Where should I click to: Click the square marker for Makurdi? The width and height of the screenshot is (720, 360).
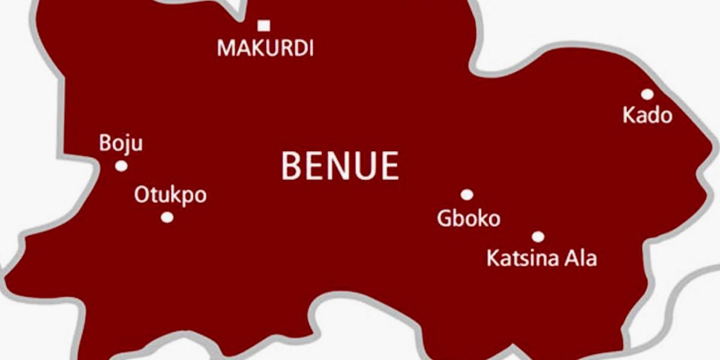pos(263,25)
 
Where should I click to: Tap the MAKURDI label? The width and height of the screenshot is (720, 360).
pos(265,48)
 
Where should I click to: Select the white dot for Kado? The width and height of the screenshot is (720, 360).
pos(647,94)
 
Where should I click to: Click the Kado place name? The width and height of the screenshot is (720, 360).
pos(647,115)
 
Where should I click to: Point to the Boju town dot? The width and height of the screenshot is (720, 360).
pos(121,166)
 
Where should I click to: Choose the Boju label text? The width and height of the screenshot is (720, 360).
pos(121,144)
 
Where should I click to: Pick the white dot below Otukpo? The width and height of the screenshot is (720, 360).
pos(167,217)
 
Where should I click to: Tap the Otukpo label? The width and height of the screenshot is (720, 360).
pos(170,196)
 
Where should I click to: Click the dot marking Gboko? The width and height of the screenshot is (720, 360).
pos(467,194)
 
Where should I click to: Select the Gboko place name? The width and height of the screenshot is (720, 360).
pos(469,218)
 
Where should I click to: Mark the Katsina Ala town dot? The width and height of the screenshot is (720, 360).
pos(538,236)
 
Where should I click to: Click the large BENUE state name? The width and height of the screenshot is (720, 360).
pos(340,166)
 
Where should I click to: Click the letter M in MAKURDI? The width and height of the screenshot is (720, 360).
pos(226,48)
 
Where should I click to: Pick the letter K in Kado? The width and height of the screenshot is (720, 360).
pos(629,115)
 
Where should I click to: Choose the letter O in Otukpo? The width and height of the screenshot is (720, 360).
pos(142,196)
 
